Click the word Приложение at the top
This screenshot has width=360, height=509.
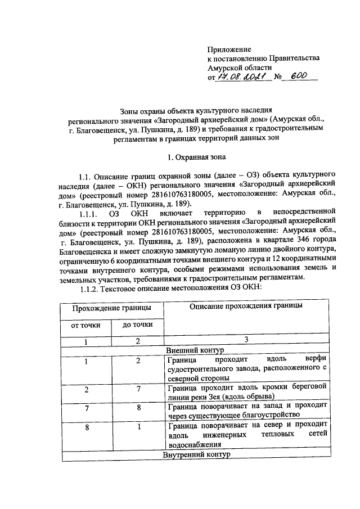[x=229, y=49]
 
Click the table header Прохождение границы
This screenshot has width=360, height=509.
[x=111, y=308]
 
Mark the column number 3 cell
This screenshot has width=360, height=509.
[x=246, y=339]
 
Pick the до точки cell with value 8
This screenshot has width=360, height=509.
[x=137, y=408]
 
